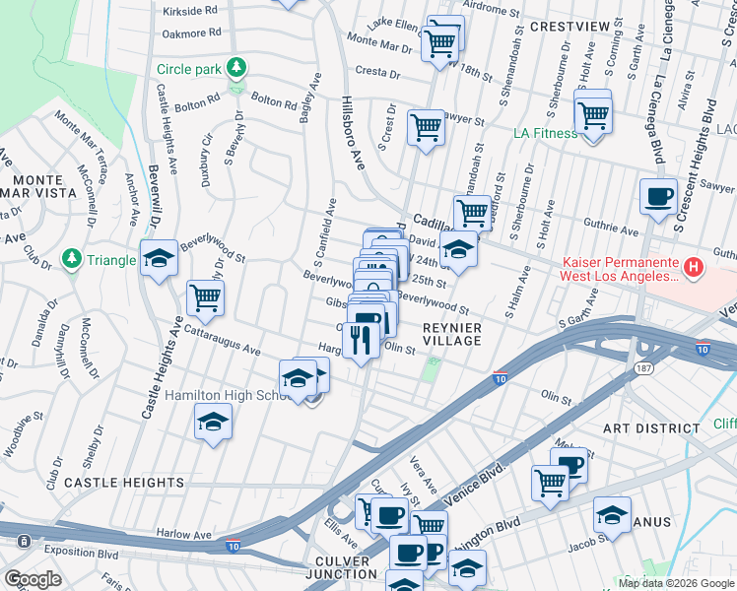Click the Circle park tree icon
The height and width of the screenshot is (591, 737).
click(x=236, y=68)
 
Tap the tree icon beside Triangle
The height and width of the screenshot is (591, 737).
click(x=71, y=259)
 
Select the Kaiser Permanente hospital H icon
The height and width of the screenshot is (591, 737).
click(x=693, y=266)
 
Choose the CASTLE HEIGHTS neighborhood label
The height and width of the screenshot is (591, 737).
click(x=124, y=483)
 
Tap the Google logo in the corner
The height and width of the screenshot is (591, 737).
click(x=33, y=579)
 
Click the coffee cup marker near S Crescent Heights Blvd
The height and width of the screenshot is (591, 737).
click(x=658, y=195)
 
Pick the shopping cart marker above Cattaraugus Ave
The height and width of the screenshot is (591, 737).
click(x=205, y=297)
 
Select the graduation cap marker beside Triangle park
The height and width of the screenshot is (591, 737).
click(x=159, y=258)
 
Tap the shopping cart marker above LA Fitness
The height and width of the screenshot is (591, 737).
click(x=593, y=114)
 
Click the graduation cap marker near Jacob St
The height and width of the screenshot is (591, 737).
click(x=612, y=514)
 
